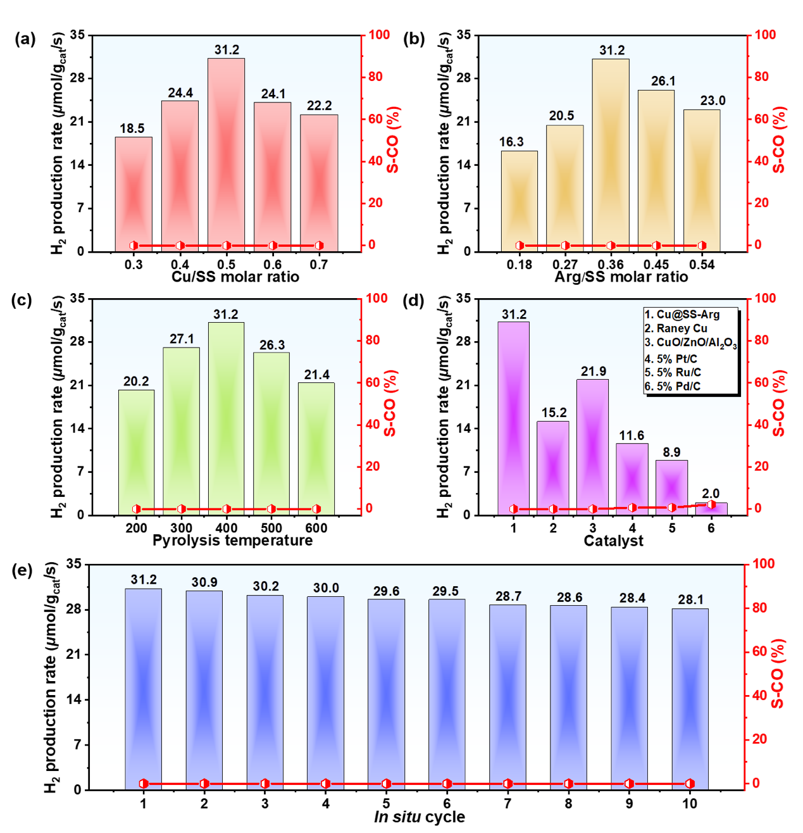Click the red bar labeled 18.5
coord(134,193)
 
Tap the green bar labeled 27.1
coord(181,430)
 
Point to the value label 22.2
coord(319,106)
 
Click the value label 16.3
coord(511,142)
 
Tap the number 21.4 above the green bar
coord(316,375)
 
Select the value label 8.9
coord(671,452)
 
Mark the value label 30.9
coord(204,582)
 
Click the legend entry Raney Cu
coord(682,329)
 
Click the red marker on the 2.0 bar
coord(711,504)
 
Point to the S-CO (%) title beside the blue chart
coord(778,673)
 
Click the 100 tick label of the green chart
coord(377,298)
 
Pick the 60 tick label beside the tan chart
coord(762,119)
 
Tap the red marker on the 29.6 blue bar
coord(386,784)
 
